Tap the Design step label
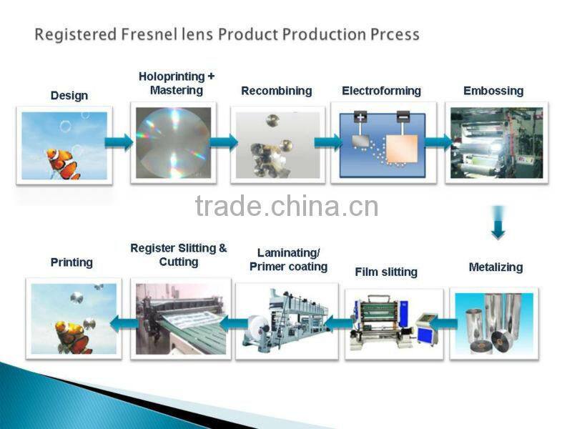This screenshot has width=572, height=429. [69, 95]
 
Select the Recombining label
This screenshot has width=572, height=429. [276, 91]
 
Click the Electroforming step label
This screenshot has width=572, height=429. [381, 91]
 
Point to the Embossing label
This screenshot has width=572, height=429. [493, 91]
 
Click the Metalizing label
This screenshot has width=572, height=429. [495, 267]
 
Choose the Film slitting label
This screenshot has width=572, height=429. [386, 272]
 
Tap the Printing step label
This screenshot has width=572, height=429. [71, 262]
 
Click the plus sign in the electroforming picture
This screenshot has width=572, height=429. [360, 117]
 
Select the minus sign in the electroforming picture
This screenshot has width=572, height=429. [403, 117]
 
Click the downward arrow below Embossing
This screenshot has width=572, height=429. [498, 223]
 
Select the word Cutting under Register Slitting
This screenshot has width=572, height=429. [179, 262]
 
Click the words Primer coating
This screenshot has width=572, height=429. [288, 267]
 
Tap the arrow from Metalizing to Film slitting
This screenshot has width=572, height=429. [443, 324]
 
